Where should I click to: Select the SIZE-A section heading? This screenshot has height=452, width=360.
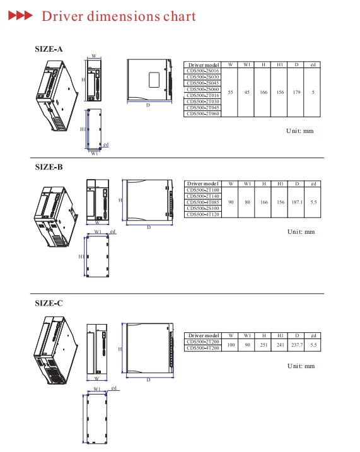49,49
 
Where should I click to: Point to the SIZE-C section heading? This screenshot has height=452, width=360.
49,303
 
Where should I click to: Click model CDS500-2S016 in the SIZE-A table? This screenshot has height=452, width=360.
203,71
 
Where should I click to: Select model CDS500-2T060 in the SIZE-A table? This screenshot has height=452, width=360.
203,113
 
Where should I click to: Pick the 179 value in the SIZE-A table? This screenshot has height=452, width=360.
296,92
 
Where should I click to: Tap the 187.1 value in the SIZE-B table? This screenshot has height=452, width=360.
296,202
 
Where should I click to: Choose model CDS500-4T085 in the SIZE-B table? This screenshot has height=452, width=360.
203,202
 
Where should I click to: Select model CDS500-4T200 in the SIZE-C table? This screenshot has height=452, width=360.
203,348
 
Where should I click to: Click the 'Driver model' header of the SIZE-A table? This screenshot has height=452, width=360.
203,65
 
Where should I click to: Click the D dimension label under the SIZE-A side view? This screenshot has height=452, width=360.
148,105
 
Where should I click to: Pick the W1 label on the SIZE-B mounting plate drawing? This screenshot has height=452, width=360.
98,233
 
